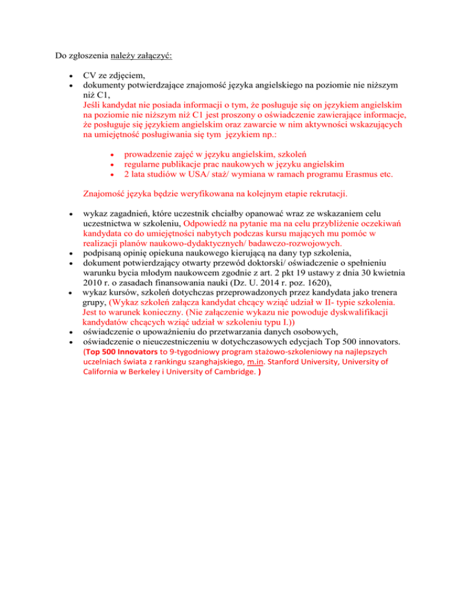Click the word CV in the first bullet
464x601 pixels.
coord(89,76)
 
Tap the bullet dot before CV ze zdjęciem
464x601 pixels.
coord(72,76)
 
